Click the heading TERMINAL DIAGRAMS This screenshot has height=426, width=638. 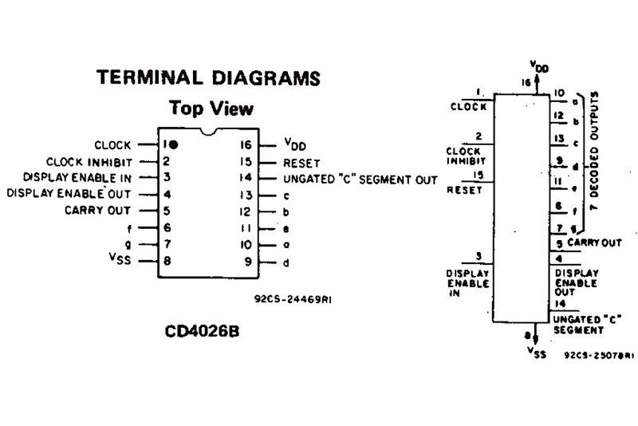click(x=208, y=79)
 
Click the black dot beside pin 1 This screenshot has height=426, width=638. click(x=172, y=145)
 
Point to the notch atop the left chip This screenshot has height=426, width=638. click(x=211, y=129)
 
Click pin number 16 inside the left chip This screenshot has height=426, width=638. click(x=246, y=145)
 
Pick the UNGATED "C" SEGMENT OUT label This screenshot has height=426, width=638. click(x=360, y=179)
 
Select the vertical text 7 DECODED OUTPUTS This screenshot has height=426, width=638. click(x=593, y=155)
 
